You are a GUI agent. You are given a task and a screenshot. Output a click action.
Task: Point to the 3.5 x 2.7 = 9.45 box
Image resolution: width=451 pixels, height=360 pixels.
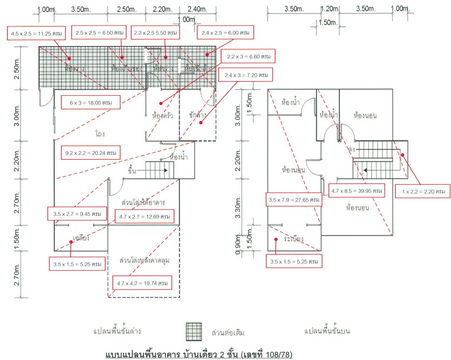click(74, 213)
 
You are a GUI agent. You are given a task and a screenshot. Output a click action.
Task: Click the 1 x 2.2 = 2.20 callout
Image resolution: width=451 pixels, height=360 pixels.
click(418, 190)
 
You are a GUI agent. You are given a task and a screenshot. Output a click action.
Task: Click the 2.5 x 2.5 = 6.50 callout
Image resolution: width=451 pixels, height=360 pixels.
click(99, 33)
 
